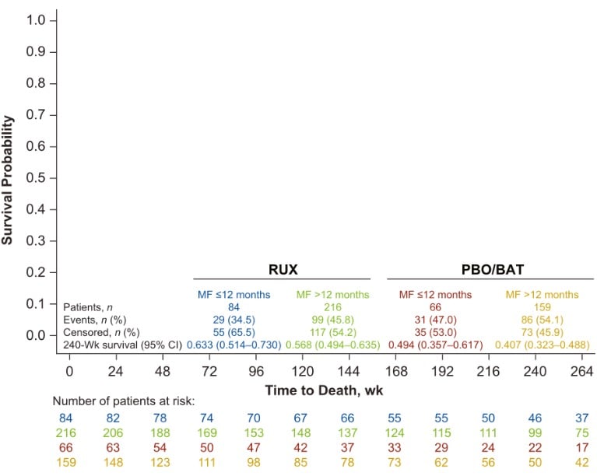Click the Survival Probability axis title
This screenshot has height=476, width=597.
[x=9, y=180]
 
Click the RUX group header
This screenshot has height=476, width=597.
[x=281, y=270]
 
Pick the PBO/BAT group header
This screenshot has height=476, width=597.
[x=490, y=270]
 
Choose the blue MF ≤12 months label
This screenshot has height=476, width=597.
[x=231, y=295]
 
